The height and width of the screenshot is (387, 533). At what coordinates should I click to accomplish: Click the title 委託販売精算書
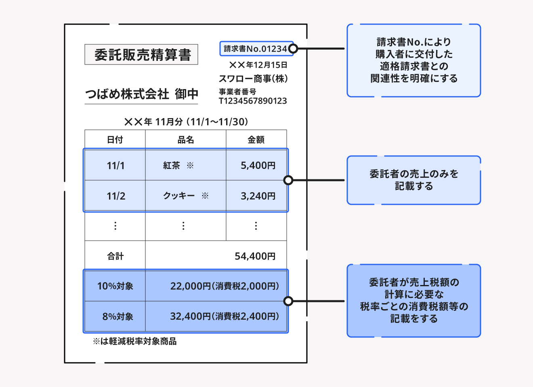pyautogui.click(x=141, y=54)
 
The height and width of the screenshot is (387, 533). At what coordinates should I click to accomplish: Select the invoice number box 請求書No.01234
pyautogui.click(x=256, y=49)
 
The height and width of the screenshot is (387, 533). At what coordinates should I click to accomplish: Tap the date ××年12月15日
pyautogui.click(x=258, y=65)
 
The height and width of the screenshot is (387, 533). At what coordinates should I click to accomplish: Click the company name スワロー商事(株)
pyautogui.click(x=253, y=79)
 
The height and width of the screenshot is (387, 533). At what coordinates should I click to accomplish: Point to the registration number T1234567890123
pyautogui.click(x=253, y=101)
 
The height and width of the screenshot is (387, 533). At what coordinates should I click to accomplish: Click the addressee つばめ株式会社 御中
pyautogui.click(x=141, y=94)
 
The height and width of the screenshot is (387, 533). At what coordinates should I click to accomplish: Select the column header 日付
pyautogui.click(x=115, y=139)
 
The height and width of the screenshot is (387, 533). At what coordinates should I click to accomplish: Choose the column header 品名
pyautogui.click(x=186, y=139)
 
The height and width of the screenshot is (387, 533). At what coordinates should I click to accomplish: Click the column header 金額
pyautogui.click(x=256, y=139)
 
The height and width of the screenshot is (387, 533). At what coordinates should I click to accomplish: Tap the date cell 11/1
pyautogui.click(x=115, y=166)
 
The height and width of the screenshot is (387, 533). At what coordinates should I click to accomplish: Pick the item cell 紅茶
pyautogui.click(x=172, y=166)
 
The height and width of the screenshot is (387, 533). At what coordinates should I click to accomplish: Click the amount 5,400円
pyautogui.click(x=258, y=166)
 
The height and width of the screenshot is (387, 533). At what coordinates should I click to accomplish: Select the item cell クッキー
pyautogui.click(x=178, y=196)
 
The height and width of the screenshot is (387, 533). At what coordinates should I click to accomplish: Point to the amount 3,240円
pyautogui.click(x=258, y=196)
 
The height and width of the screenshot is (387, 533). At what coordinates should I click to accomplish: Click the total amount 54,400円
pyautogui.click(x=255, y=256)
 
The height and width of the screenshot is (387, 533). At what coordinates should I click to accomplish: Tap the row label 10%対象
pyautogui.click(x=115, y=286)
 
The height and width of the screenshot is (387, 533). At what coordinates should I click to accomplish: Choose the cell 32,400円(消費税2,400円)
pyautogui.click(x=224, y=316)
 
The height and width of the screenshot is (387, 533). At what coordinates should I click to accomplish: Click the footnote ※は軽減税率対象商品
pyautogui.click(x=134, y=341)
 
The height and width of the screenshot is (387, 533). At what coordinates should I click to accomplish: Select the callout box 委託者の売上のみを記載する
pyautogui.click(x=414, y=180)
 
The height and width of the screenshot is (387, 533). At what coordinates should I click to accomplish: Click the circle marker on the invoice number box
pyautogui.click(x=294, y=49)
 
